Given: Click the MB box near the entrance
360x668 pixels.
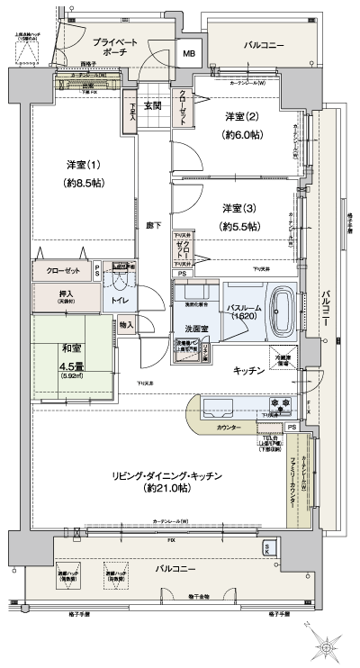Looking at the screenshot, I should point(189,53).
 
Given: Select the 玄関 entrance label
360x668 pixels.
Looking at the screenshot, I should point(151,105).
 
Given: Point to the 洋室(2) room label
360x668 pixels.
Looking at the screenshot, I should point(240,115).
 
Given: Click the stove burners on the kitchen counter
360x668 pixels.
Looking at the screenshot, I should point(278,402).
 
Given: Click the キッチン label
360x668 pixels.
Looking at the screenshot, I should point(248,370).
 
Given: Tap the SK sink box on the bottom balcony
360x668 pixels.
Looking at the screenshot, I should point(267,547).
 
